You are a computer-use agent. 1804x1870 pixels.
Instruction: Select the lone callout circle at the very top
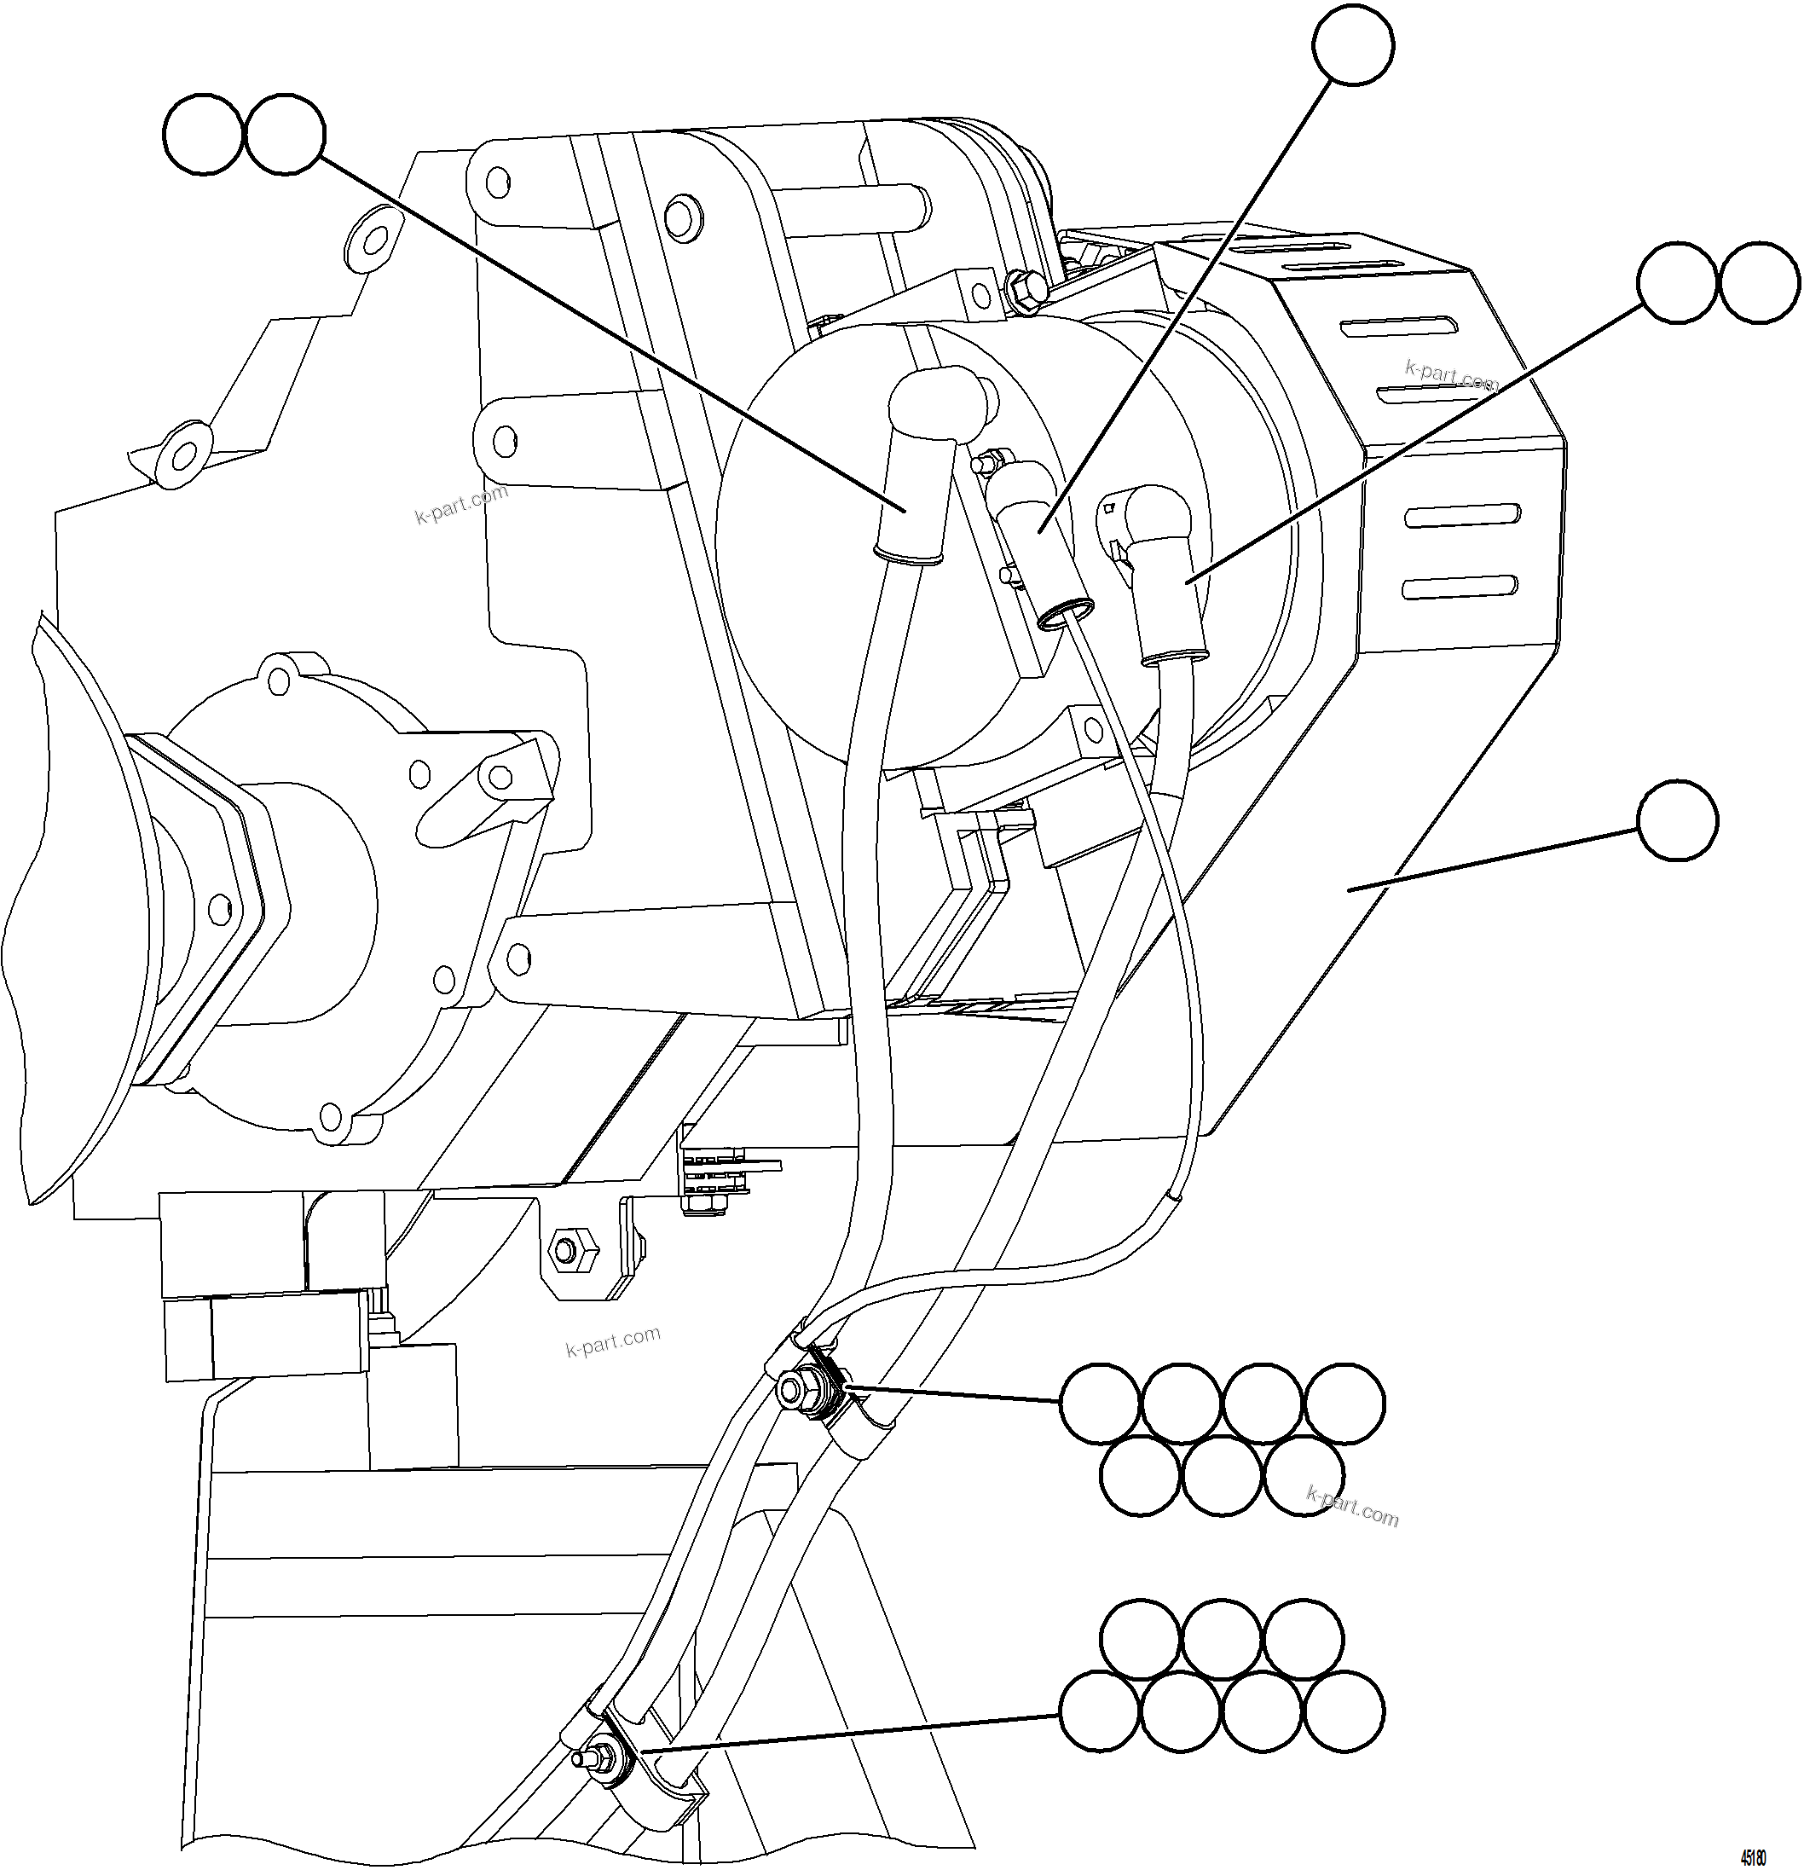1353,45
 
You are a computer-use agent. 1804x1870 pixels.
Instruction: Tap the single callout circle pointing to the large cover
1677,820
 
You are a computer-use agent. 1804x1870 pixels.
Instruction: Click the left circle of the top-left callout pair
203,134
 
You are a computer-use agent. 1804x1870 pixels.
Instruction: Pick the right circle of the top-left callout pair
284,134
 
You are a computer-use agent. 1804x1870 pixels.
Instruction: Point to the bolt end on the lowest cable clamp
583,1757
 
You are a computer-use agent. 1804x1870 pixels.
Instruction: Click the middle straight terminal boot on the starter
1035,535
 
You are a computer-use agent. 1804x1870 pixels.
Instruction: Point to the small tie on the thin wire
1176,1195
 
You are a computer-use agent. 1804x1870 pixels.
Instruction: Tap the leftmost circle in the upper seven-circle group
1099,1403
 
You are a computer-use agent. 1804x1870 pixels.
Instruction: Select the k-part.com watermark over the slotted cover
1451,376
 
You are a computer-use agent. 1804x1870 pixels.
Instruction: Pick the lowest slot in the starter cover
1460,587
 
